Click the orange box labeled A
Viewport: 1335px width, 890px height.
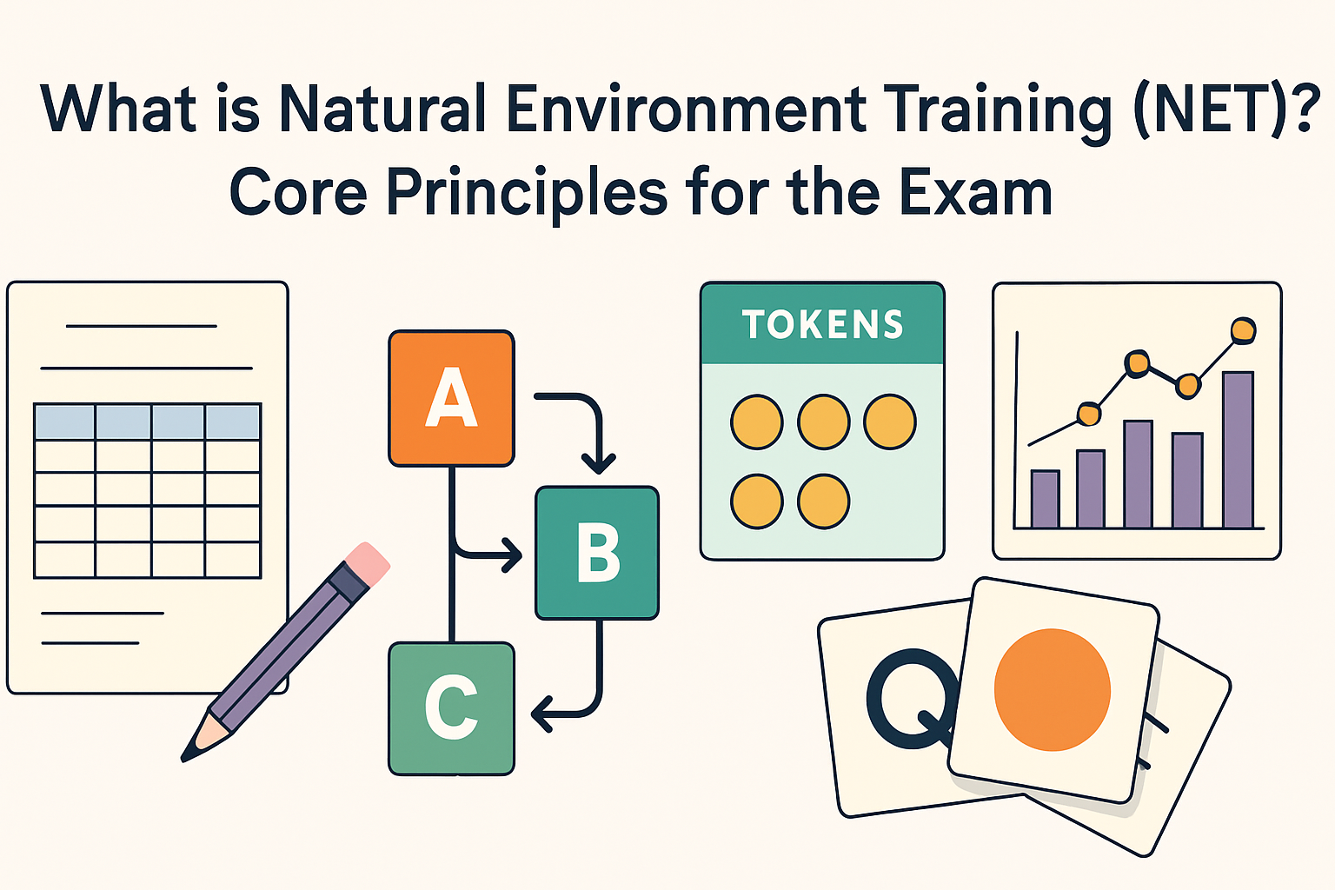[x=451, y=398]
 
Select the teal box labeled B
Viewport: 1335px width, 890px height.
[x=597, y=553]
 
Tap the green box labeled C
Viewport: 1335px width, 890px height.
[x=451, y=707]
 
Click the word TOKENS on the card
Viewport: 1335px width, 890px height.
[x=822, y=325]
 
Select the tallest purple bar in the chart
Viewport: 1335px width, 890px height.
[x=1238, y=449]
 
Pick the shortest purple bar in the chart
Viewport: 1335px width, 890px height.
[x=1045, y=499]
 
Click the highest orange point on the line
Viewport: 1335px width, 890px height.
[x=1244, y=329]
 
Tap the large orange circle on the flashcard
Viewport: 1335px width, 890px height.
[x=1053, y=689]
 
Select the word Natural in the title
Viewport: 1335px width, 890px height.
[x=383, y=110]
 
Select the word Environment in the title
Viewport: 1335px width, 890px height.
[x=686, y=110]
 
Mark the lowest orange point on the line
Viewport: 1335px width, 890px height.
[x=1088, y=415]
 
